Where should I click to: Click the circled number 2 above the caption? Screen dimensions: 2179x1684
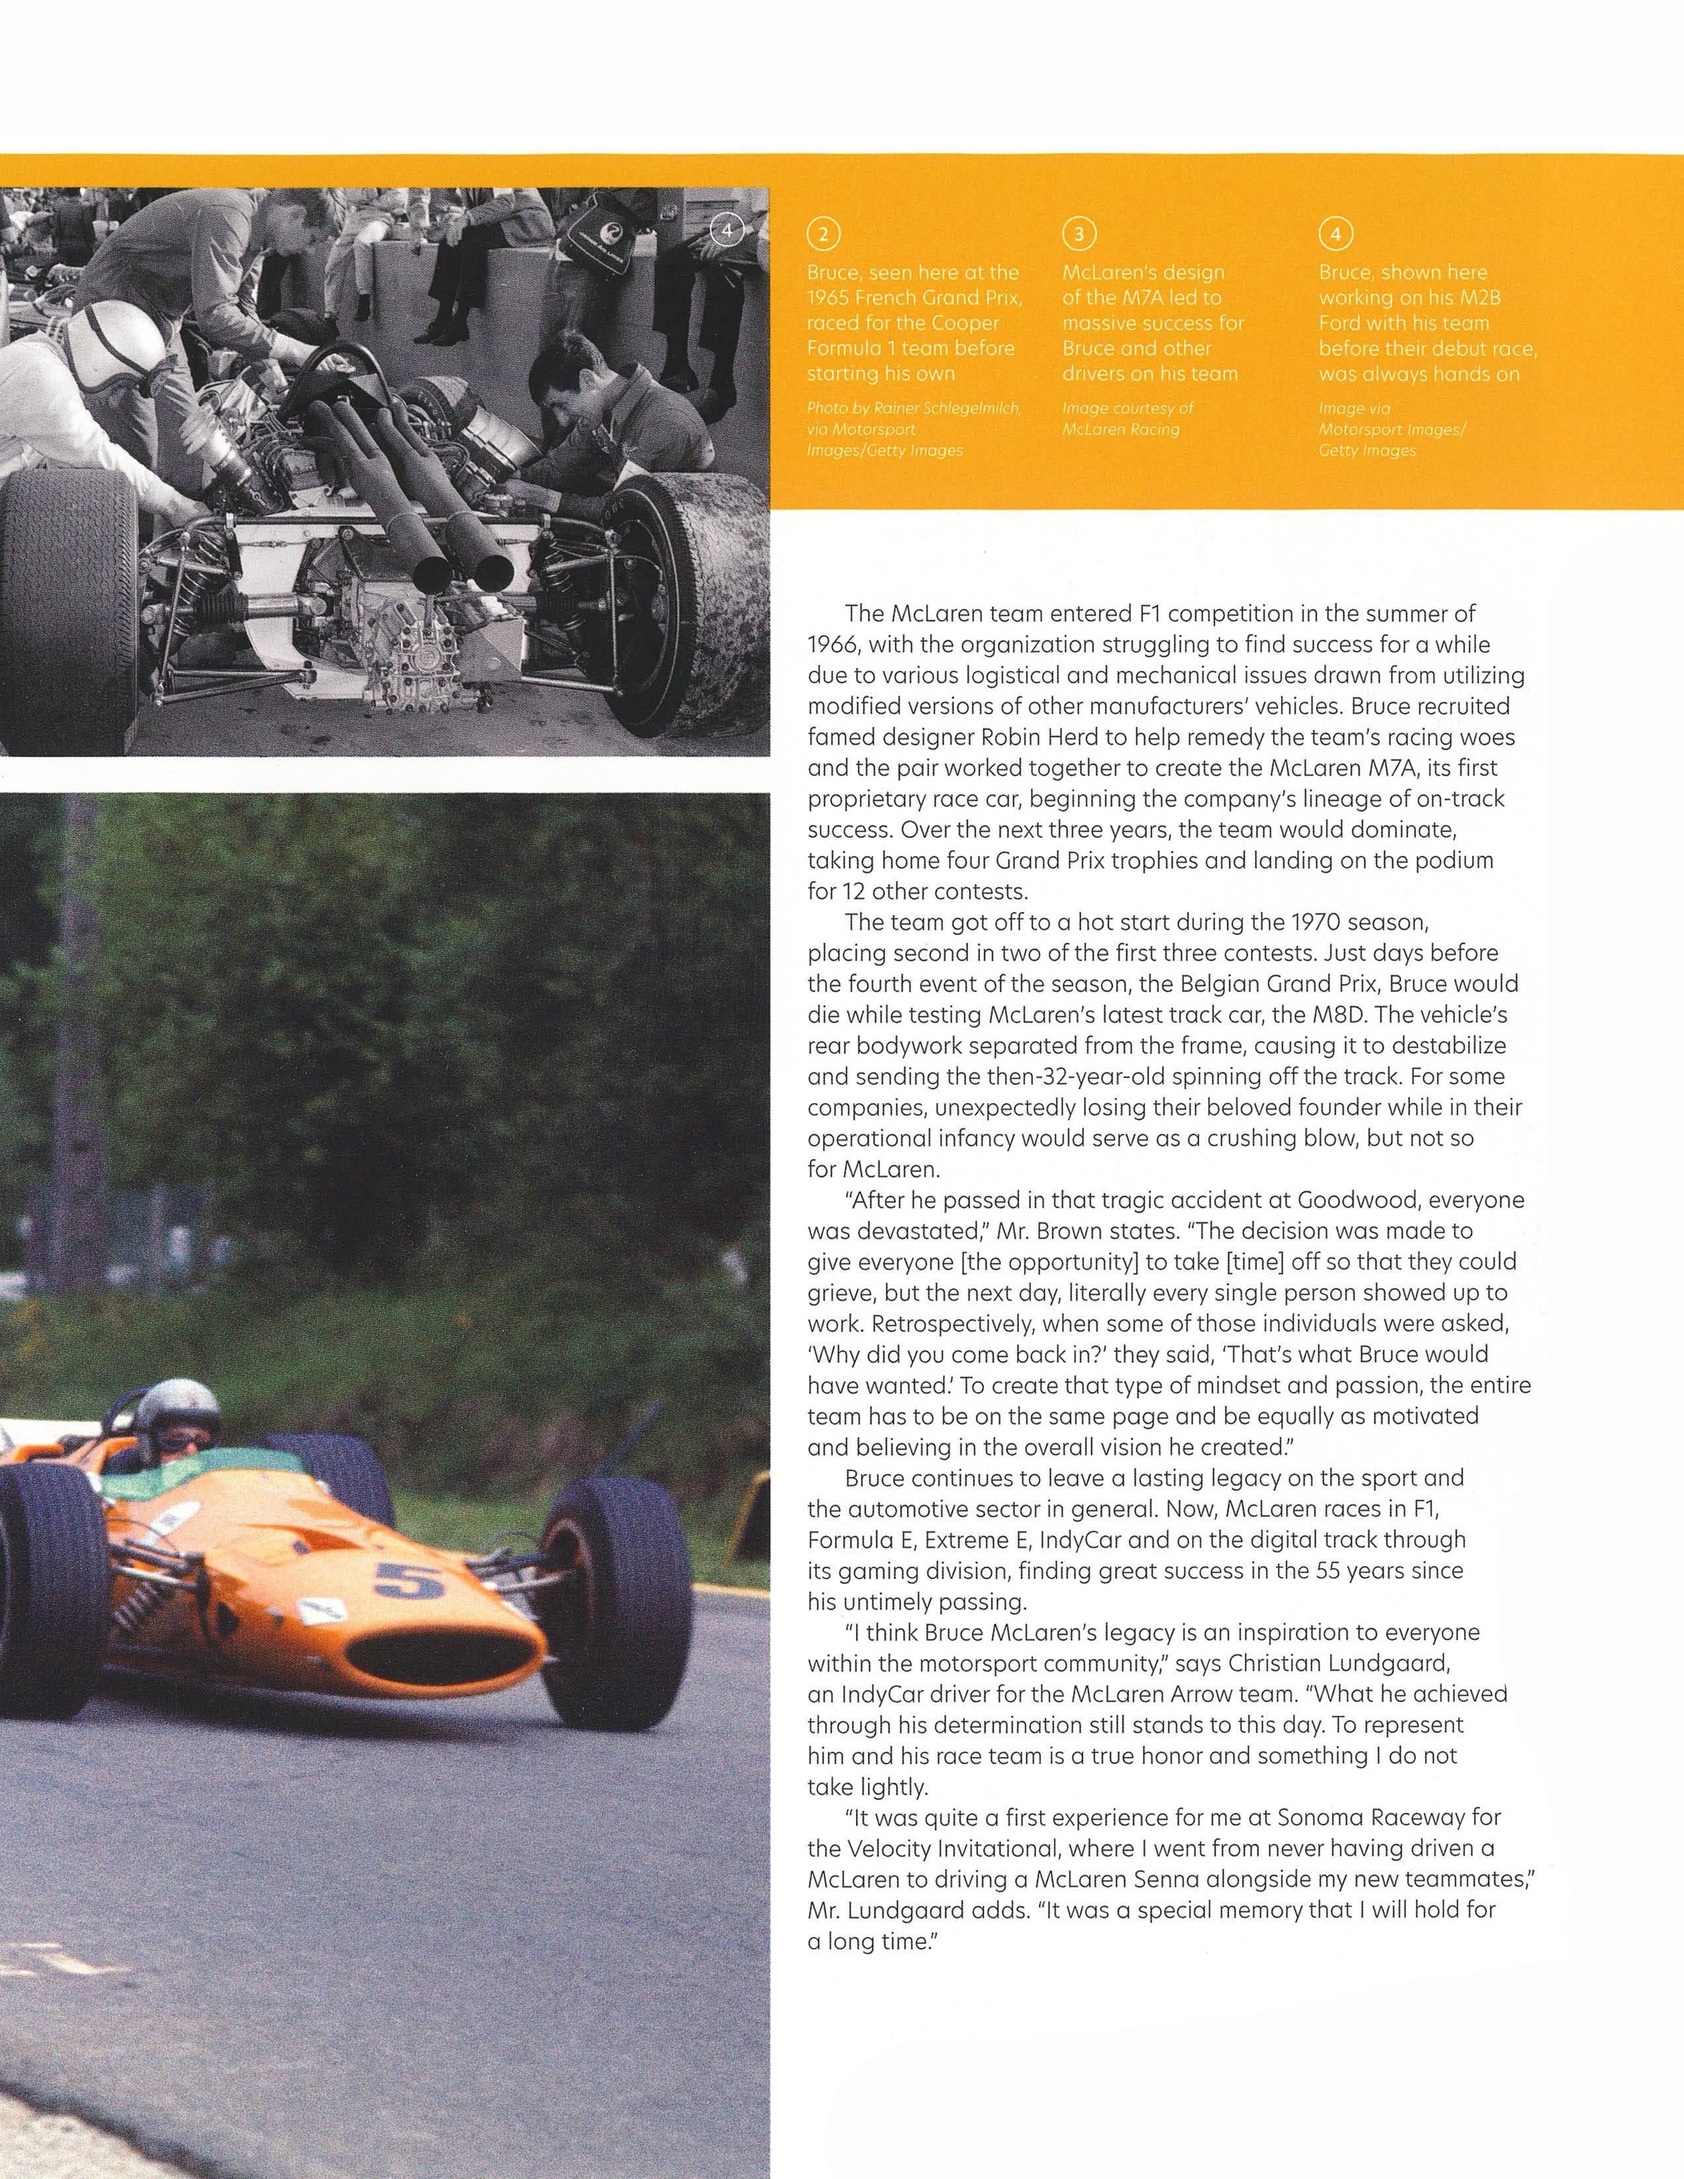coord(823,234)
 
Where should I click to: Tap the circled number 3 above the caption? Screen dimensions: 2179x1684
coord(1078,234)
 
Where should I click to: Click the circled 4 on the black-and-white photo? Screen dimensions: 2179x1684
coord(727,230)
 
